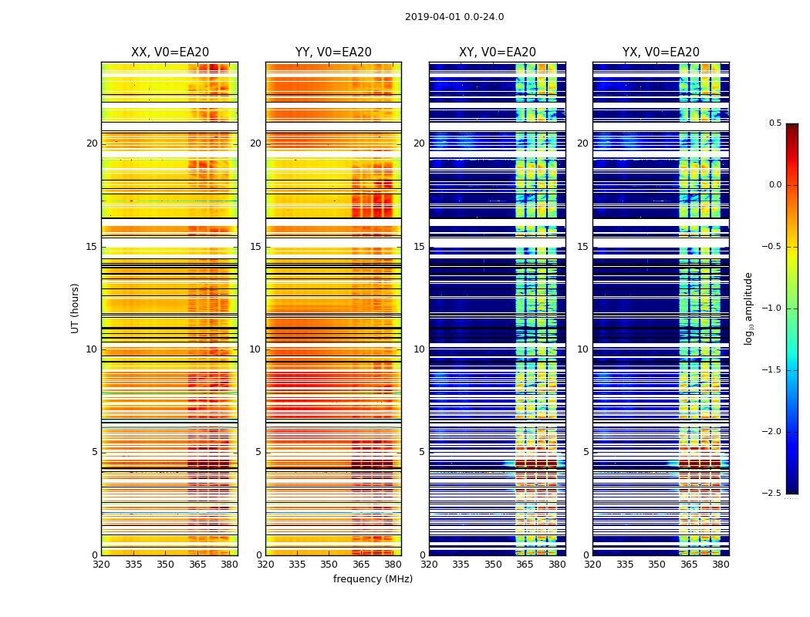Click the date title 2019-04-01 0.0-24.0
[454, 17]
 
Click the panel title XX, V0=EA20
[170, 52]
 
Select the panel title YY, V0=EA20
[333, 52]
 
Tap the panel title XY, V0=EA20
[498, 52]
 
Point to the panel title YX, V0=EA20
[661, 52]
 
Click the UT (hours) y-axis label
[76, 308]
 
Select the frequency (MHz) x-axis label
[373, 579]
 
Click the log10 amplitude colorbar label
[748, 308]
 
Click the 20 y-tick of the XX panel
[92, 143]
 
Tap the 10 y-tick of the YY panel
[255, 349]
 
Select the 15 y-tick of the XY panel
[419, 247]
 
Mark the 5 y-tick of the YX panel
[586, 452]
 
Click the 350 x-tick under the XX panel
[165, 565]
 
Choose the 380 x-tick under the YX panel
[721, 565]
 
